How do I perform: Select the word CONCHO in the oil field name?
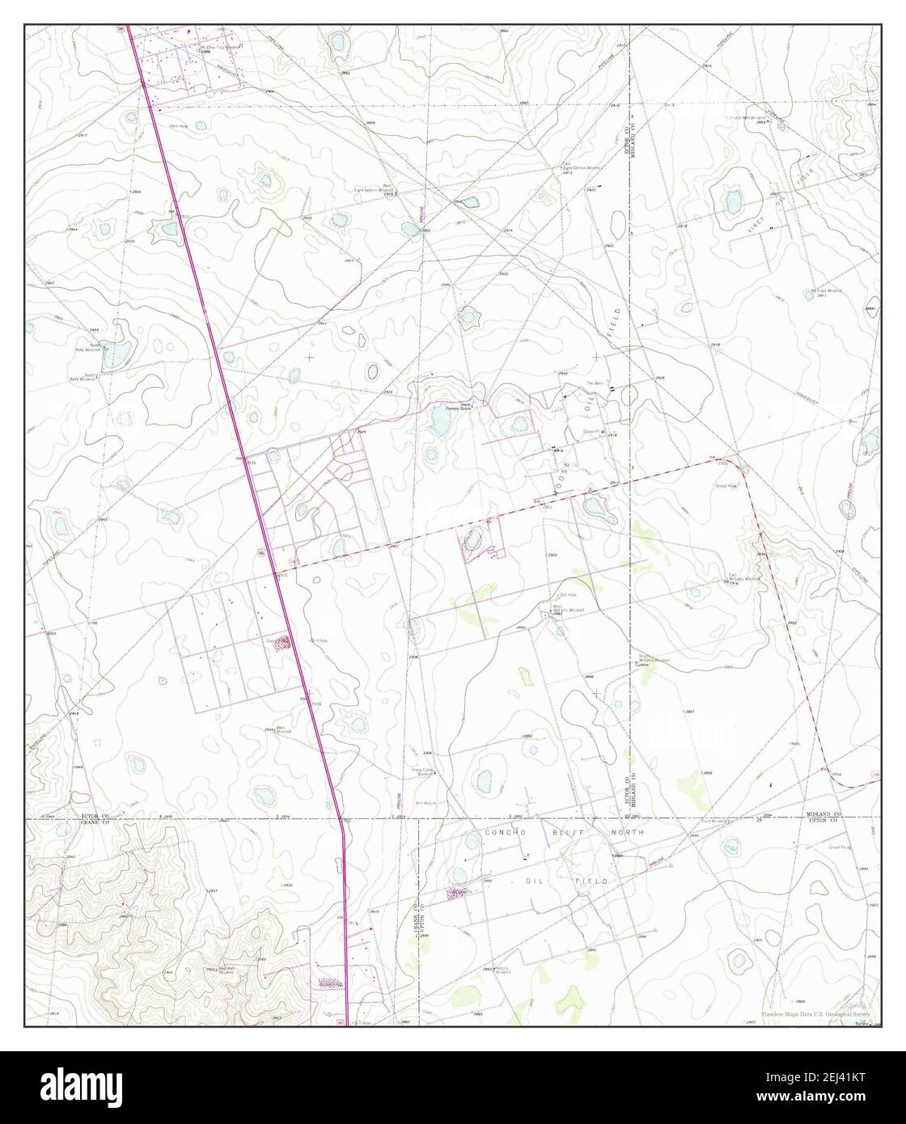pyautogui.click(x=507, y=832)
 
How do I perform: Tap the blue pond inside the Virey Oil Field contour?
pyautogui.click(x=733, y=200)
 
